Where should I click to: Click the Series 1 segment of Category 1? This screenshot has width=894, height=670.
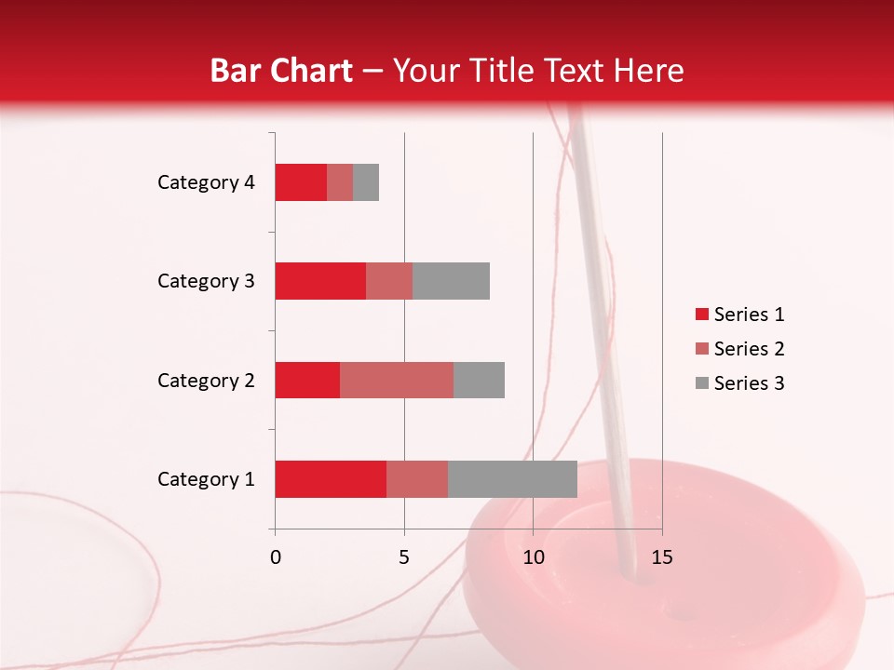[x=331, y=478]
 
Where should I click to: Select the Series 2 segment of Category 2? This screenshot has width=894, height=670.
[x=397, y=380]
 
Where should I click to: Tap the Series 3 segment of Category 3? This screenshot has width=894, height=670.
[x=451, y=281]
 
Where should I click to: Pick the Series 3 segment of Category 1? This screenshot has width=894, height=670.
[x=512, y=478]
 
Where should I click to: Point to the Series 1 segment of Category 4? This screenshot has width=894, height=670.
[x=301, y=182]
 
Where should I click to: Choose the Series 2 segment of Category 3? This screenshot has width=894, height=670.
[x=389, y=281]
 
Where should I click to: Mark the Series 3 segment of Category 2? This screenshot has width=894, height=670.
[x=479, y=380]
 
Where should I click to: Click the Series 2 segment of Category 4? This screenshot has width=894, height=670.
[x=340, y=182]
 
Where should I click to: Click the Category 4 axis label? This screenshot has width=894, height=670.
[x=206, y=182]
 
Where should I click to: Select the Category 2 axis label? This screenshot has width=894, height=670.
[x=206, y=380]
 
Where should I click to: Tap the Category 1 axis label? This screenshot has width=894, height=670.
[x=206, y=479]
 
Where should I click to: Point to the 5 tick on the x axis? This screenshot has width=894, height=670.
[x=404, y=557]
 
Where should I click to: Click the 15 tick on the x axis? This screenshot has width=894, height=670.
[x=661, y=557]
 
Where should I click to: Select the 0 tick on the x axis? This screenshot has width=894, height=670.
[x=275, y=557]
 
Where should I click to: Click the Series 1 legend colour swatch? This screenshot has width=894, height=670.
[x=702, y=315]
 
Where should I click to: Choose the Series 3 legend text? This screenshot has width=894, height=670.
[x=749, y=383]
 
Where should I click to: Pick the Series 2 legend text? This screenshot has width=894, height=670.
[x=749, y=349]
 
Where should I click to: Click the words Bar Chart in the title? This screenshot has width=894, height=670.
[x=281, y=71]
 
